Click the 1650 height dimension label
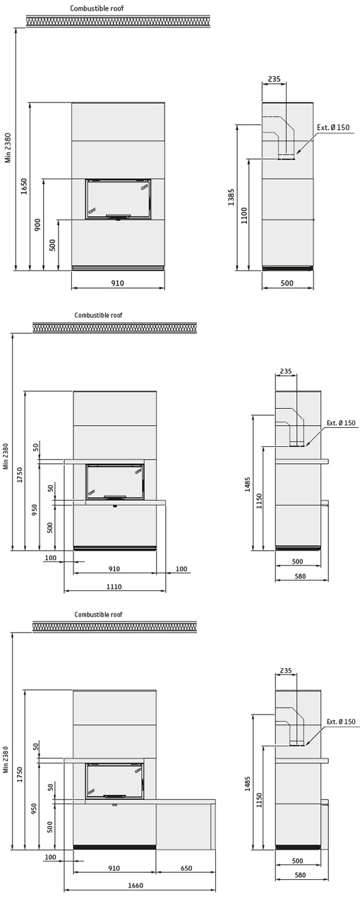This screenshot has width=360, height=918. pyautogui.click(x=24, y=186)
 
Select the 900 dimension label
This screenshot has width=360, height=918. pyautogui.click(x=37, y=225)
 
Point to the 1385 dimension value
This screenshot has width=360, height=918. pyautogui.click(x=232, y=197)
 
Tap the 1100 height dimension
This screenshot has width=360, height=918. pyautogui.click(x=244, y=215)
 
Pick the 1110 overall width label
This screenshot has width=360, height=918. pyautogui.click(x=114, y=586)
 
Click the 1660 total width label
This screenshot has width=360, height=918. pyautogui.click(x=136, y=886)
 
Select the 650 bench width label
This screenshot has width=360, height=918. pyautogui.click(x=186, y=868)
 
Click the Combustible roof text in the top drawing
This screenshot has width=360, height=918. pyautogui.click(x=97, y=8)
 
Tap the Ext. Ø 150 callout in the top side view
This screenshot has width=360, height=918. pyautogui.click(x=333, y=127)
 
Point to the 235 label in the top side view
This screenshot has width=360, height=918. pyautogui.click(x=274, y=78)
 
